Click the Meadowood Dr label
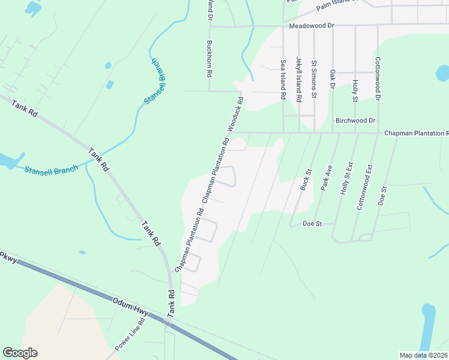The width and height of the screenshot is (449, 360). [x=311, y=27]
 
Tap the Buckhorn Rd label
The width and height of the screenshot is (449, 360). [x=209, y=58]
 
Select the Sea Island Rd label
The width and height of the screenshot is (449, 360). [x=283, y=79]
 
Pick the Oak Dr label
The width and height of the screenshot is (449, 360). [x=332, y=79]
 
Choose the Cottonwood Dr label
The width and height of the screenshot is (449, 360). [x=378, y=78]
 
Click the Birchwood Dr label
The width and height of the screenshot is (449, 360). [x=355, y=121]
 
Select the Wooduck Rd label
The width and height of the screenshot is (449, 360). [x=235, y=115]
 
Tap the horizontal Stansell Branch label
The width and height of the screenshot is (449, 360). [x=51, y=170]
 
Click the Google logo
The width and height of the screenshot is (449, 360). [x=20, y=353]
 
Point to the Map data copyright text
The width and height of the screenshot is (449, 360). [x=424, y=355]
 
